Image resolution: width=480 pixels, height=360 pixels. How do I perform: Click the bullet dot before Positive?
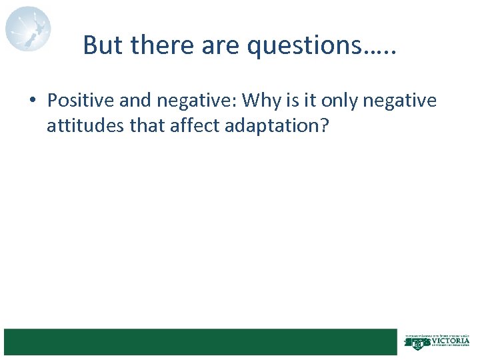[x=31, y=101]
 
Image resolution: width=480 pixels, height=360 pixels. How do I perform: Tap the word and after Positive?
[x=135, y=101]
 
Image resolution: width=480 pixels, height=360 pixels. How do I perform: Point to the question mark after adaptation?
[x=325, y=126]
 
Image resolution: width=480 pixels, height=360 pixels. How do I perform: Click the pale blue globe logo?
[x=28, y=29]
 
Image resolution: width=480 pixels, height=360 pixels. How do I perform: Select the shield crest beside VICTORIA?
[x=418, y=343]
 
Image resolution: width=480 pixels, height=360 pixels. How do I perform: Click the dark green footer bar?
[x=200, y=341]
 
